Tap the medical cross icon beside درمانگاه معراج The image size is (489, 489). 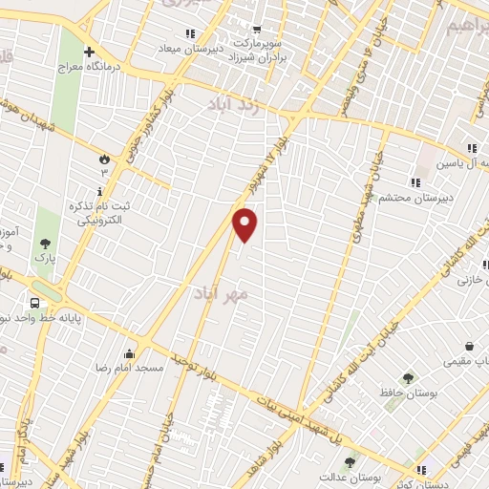[89, 52]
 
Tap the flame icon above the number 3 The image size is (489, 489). [104, 158]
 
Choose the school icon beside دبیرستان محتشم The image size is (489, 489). [415, 182]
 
